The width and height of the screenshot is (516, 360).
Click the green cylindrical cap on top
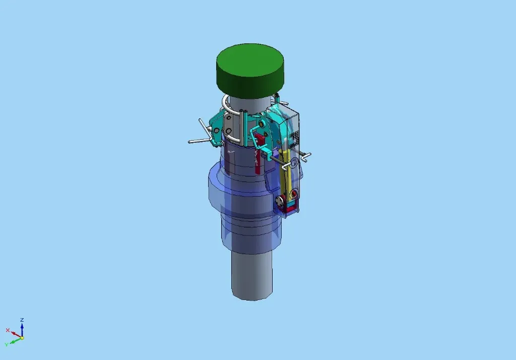250,69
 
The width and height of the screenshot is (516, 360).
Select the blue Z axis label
22,320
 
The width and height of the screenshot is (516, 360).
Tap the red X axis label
8,330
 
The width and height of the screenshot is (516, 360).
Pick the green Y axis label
6,344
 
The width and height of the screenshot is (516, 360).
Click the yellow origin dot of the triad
22,338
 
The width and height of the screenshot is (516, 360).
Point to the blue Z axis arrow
22,329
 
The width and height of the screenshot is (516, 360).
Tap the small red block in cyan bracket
260,138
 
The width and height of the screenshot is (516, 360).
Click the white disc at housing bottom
280,202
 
